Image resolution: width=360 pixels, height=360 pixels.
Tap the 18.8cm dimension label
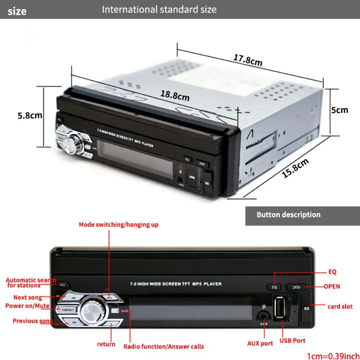175,95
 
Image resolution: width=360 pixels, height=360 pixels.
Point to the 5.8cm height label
30,115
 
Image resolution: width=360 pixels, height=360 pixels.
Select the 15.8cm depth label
296,168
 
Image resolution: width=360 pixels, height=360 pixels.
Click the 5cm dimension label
340,109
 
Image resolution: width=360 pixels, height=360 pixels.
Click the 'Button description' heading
288,215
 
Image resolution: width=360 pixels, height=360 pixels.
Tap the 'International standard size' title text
159,9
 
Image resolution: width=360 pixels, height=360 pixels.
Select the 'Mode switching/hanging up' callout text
118,224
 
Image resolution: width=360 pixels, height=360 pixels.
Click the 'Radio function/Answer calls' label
164,346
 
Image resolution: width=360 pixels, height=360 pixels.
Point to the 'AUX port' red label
260,343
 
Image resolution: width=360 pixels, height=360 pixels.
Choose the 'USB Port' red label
293,341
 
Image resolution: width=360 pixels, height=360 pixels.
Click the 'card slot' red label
340,306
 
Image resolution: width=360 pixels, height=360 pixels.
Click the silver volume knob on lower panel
93,311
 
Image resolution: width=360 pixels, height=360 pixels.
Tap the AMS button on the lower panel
63,284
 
